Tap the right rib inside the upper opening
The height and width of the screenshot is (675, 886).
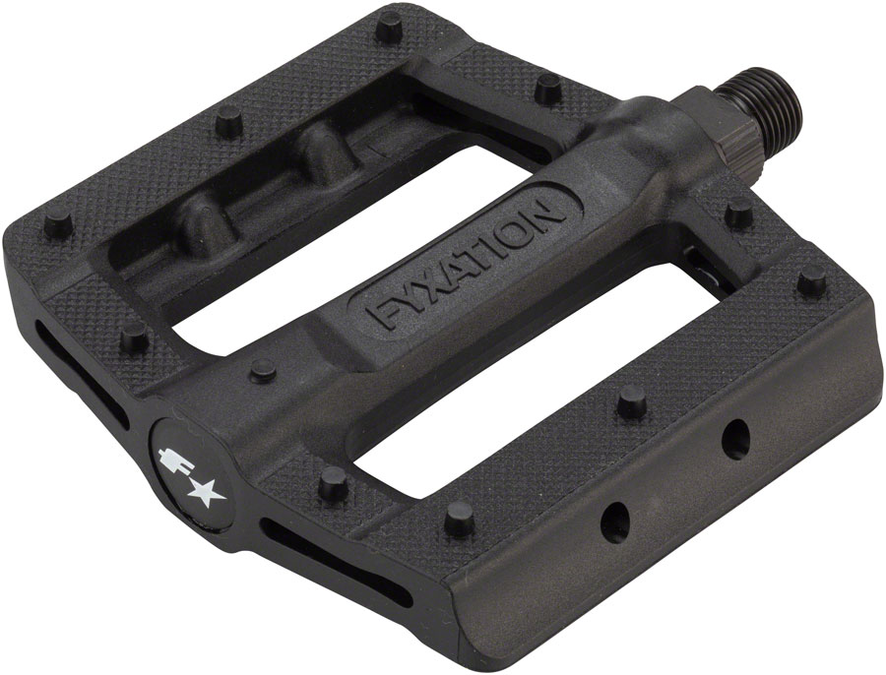[x=320, y=153]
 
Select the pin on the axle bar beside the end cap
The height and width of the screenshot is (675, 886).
[x=261, y=370]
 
